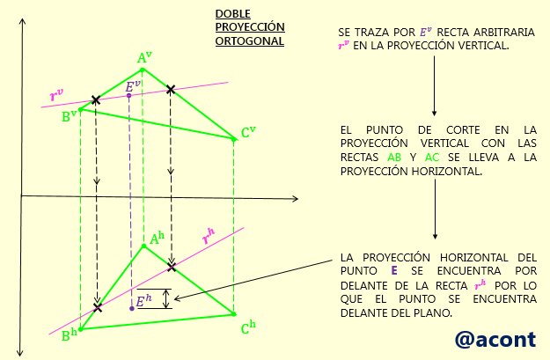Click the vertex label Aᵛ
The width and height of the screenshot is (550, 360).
tap(144, 57)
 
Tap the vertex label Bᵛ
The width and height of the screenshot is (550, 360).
tap(70, 116)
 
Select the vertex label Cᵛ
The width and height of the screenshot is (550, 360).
tap(248, 132)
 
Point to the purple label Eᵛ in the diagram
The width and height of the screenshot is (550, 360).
tap(133, 85)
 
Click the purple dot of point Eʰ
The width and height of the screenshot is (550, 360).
tap(132, 308)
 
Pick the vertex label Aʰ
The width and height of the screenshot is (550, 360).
tap(157, 238)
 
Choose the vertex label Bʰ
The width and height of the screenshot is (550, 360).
tap(70, 335)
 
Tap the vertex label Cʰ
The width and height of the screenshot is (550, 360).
tap(248, 327)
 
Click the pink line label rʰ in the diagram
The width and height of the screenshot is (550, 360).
tap(209, 236)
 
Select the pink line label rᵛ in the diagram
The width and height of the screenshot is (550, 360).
tap(57, 95)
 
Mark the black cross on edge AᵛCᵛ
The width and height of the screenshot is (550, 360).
tap(171, 89)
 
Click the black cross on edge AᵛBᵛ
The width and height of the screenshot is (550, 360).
tap(95, 100)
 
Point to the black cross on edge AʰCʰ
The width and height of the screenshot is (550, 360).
tap(172, 267)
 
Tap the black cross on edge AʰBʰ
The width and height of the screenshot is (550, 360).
tap(98, 308)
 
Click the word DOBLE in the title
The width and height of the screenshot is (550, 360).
tap(233, 14)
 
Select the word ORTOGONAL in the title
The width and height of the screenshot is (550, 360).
tap(250, 41)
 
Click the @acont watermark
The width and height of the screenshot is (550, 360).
tap(495, 340)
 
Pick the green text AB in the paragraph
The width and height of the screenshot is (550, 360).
tap(394, 158)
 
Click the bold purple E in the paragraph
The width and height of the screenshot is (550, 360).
tap(394, 270)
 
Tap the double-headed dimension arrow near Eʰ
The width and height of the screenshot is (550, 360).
tap(166, 298)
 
